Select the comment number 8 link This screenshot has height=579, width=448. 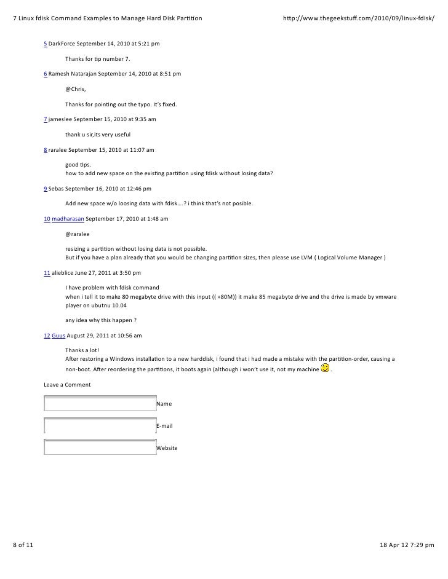coord(45,149)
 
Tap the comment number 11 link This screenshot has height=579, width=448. coord(47,272)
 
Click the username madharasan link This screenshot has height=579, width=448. coord(68,219)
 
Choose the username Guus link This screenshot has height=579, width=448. coord(58,336)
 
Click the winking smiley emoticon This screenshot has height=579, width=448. coord(325,368)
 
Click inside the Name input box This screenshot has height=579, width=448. coord(100,404)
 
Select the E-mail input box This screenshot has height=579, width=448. coord(100,426)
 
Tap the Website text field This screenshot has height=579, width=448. coord(100,448)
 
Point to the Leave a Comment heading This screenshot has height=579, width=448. coord(67,385)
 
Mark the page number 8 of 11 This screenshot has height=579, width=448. coord(25,545)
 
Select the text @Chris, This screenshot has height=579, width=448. coord(76,89)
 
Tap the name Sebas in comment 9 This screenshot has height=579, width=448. coord(57,189)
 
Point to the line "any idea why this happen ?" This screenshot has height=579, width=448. coord(100,320)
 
